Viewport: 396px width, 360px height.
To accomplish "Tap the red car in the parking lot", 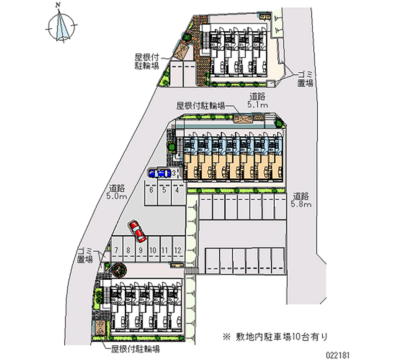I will pyautogui.click(x=136, y=229).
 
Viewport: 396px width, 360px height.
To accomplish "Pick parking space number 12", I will pyautogui.click(x=177, y=250).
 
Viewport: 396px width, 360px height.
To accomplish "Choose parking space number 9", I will pyautogui.click(x=141, y=250).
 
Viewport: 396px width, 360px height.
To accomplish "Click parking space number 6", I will pyautogui.click(x=151, y=189).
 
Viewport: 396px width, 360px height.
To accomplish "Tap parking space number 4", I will pyautogui.click(x=177, y=189).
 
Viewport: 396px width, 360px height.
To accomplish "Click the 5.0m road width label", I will pyautogui.click(x=118, y=192).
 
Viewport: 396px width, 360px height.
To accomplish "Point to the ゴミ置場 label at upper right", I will pyautogui.click(x=305, y=79).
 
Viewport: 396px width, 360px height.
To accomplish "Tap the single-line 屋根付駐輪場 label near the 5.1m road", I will pyautogui.click(x=201, y=105).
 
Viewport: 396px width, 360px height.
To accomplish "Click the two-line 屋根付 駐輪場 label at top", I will pyautogui.click(x=146, y=61).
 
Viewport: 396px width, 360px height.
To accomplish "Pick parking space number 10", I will pyautogui.click(x=153, y=250).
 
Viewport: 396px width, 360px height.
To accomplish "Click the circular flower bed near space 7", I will pyautogui.click(x=119, y=270).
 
